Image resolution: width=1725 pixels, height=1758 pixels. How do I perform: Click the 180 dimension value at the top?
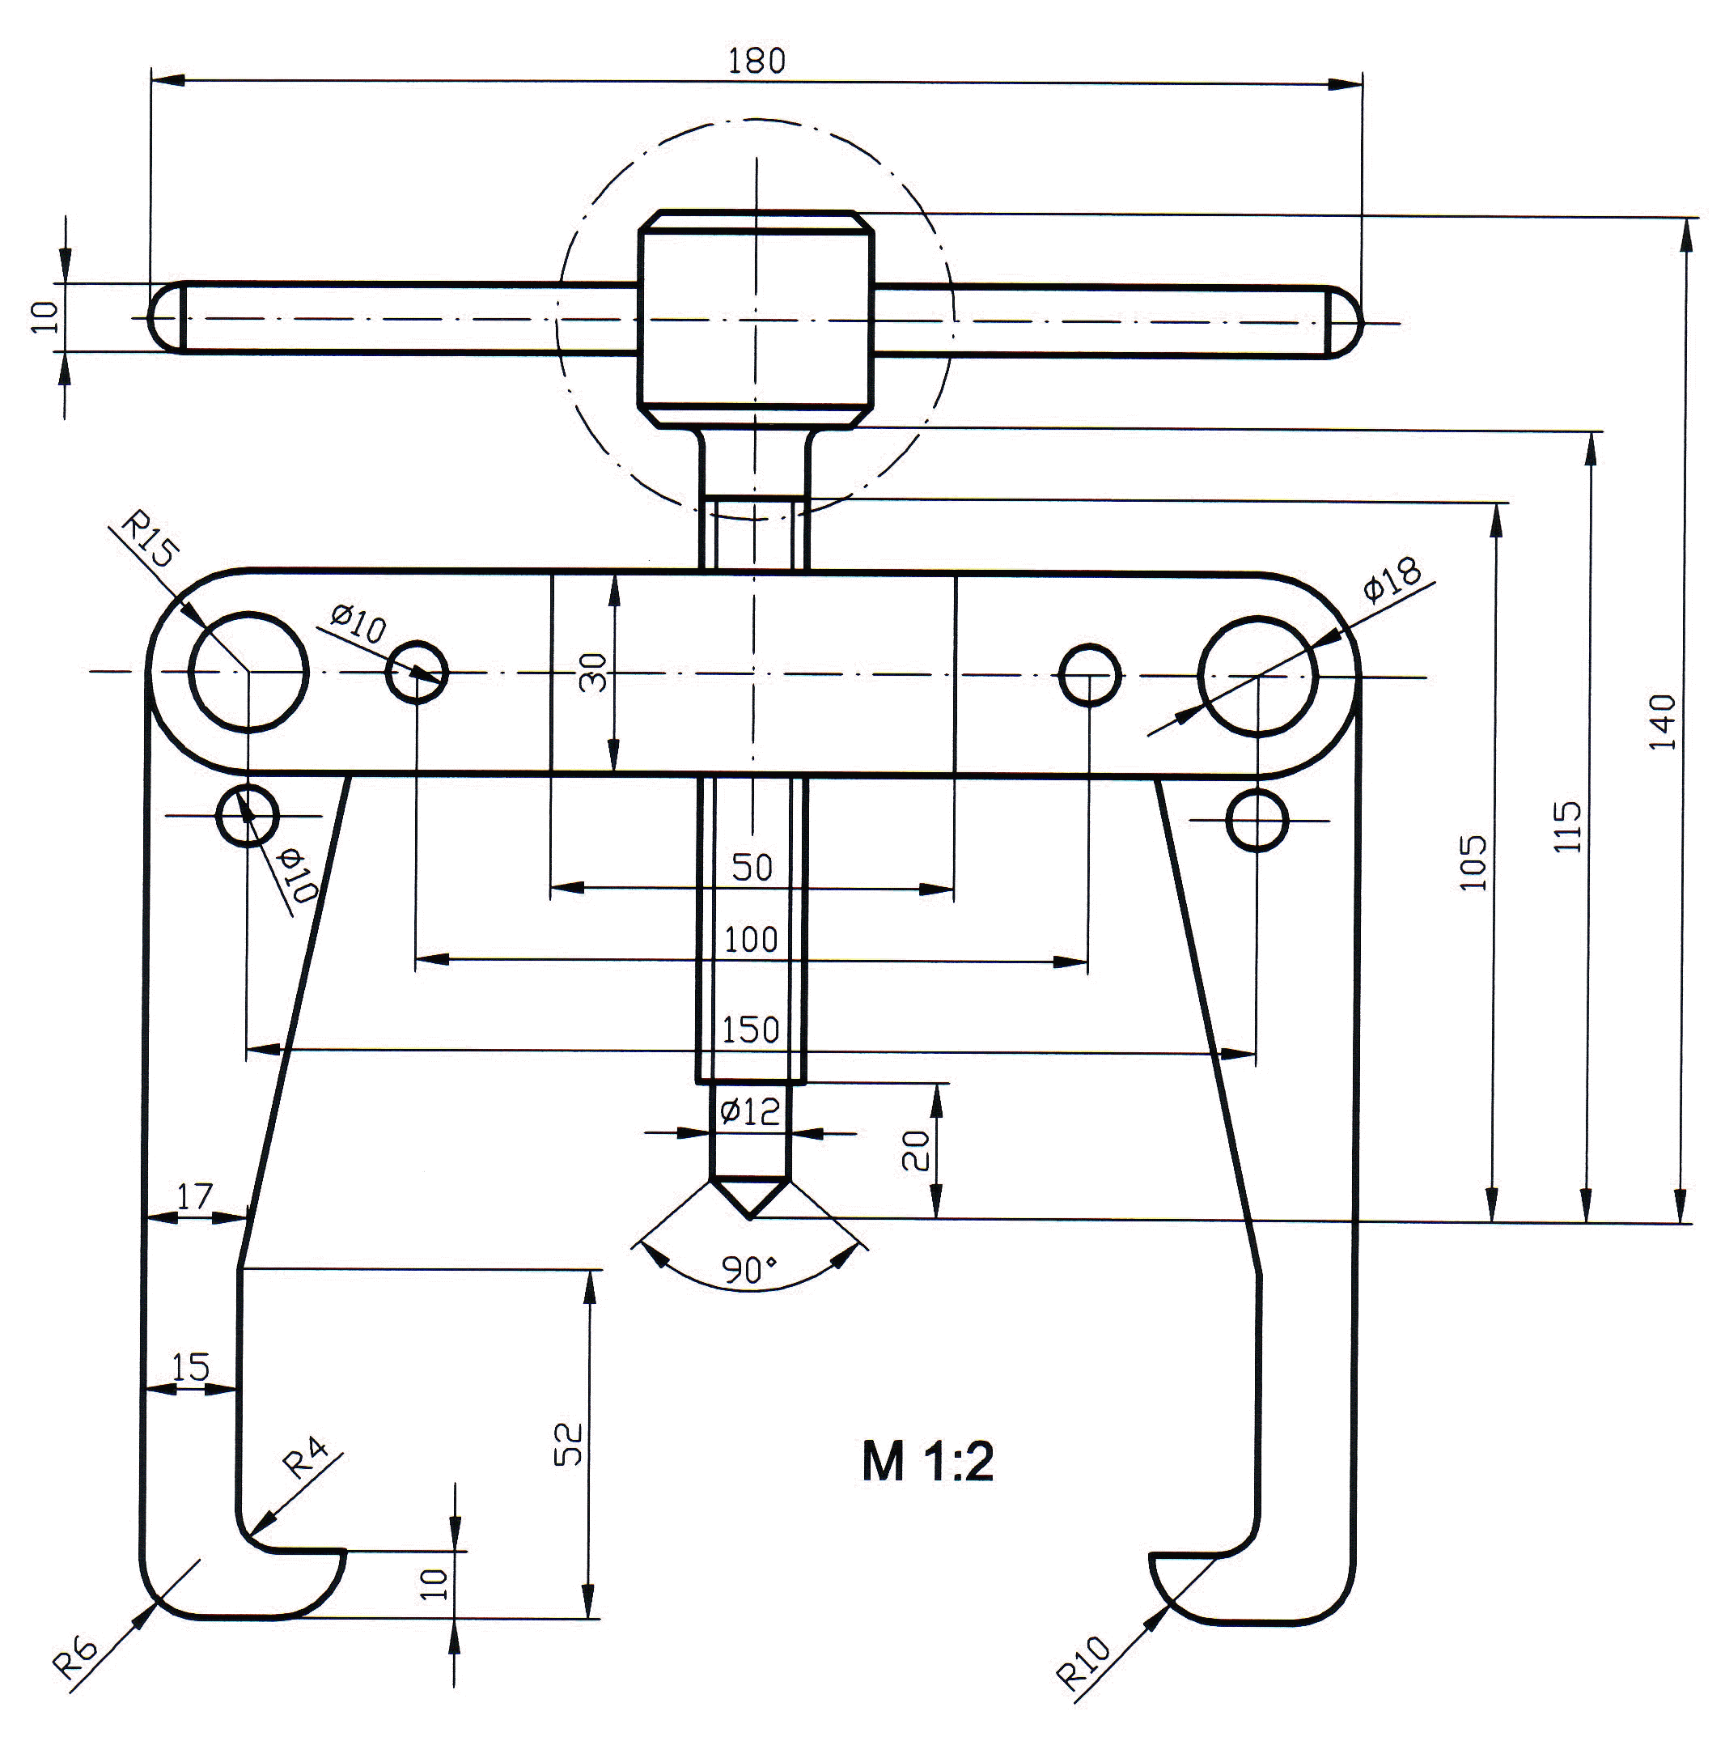pos(757,60)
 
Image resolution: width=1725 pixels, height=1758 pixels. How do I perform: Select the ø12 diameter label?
pos(749,1111)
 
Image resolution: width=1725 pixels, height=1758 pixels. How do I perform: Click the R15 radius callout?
pos(150,538)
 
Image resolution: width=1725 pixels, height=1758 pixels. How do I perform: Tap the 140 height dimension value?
pos(1663,721)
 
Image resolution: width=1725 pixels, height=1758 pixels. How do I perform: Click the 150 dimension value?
pos(750,1030)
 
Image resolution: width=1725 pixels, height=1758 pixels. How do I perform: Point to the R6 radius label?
pos(74,1650)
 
